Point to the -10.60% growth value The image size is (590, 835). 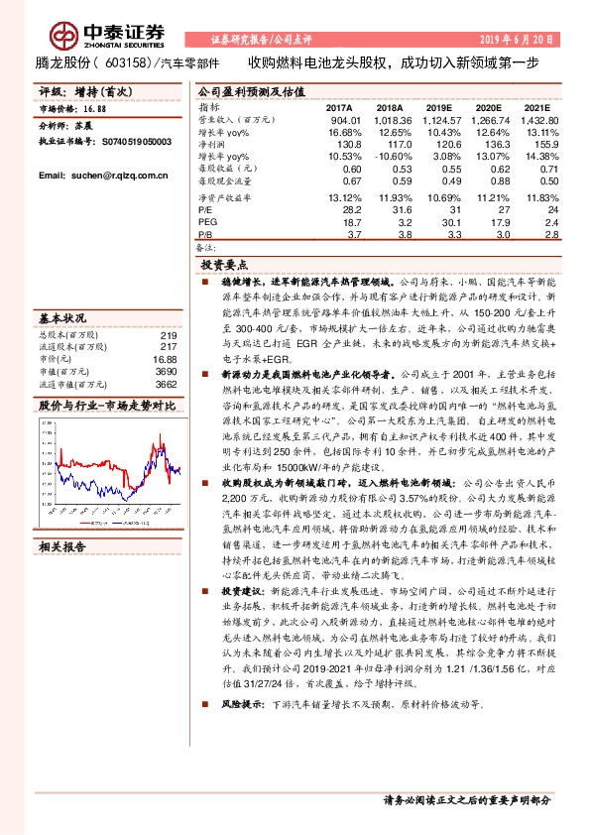coord(391,157)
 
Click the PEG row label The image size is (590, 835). coord(206,224)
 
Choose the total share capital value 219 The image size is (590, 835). coord(168,335)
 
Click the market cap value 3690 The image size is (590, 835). coord(166,371)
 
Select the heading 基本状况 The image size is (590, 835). coord(61,317)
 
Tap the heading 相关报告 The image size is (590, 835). coord(61,546)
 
